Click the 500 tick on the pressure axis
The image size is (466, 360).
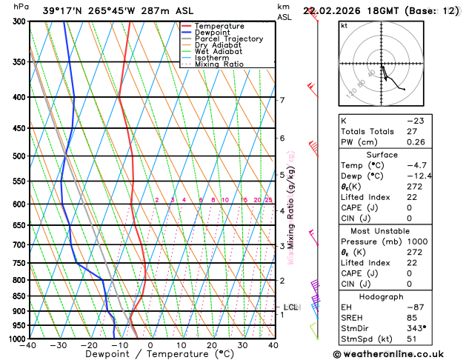19,156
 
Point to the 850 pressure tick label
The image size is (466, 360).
19,296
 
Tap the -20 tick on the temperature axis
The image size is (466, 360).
89,345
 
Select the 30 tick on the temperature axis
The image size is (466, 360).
242,345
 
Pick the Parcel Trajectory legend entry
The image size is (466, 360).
228,39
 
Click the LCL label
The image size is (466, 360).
290,307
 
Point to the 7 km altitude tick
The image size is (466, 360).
282,100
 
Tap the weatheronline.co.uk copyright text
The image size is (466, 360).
399,354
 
